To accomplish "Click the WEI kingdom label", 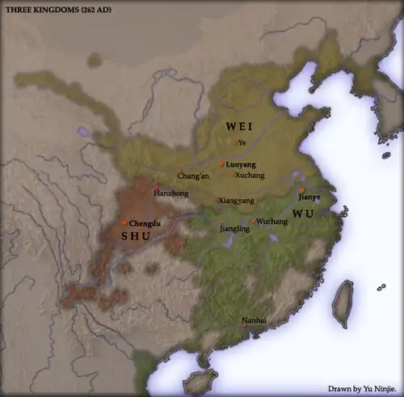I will [239, 126].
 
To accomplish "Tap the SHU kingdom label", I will [135, 236].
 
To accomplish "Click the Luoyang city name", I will [239, 163].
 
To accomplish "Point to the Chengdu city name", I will [143, 222].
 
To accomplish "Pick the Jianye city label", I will [309, 196].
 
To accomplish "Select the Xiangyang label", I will [235, 200].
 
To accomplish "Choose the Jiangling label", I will [234, 229].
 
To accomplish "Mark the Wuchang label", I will [271, 222].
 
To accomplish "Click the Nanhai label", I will [255, 321].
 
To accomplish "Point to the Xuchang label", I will [247, 175].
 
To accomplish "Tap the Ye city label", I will [241, 143].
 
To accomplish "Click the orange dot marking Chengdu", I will [124, 222].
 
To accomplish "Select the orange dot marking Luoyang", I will [221, 163].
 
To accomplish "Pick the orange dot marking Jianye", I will [302, 190].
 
